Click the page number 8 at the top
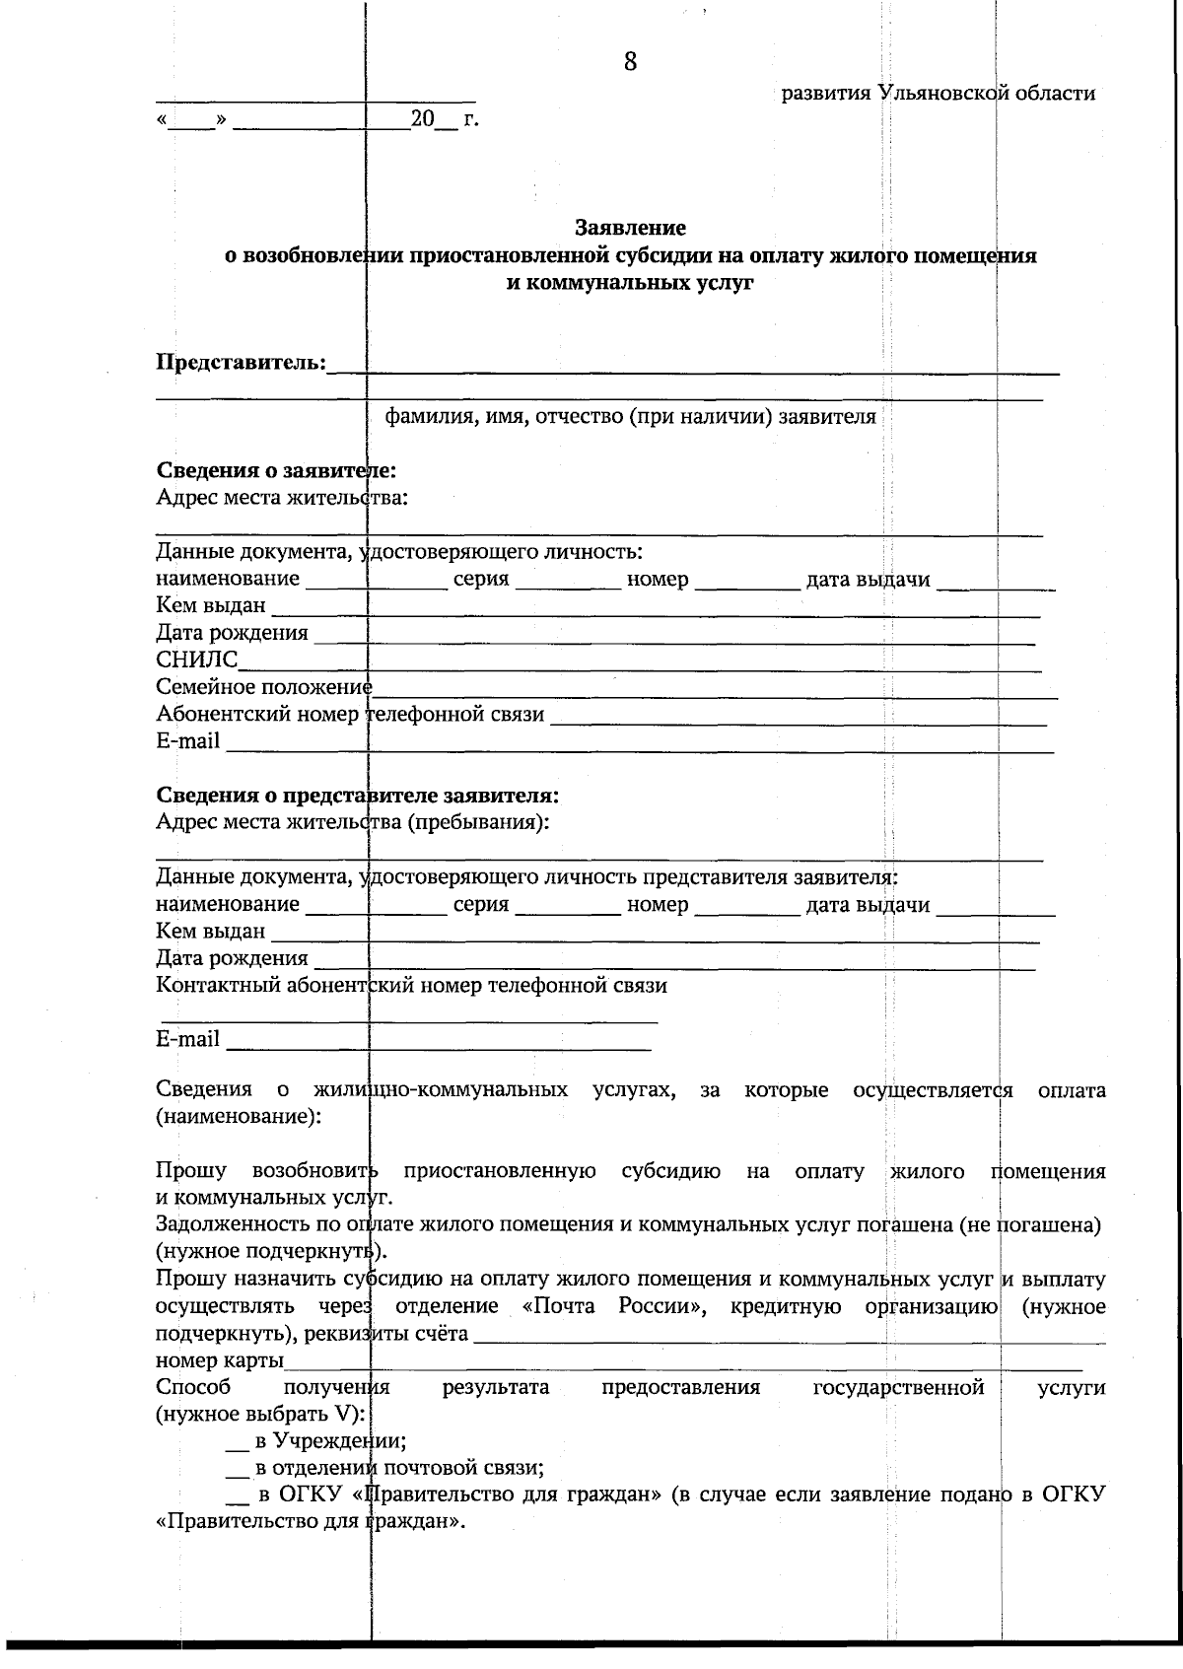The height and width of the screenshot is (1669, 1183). pos(630,61)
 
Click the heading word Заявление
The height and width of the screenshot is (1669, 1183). pos(630,229)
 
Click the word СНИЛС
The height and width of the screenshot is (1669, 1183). pos(196,660)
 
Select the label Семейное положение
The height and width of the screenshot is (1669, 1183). pos(263,686)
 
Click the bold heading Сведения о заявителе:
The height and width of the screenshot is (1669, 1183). pos(276,470)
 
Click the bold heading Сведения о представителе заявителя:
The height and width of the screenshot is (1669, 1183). pos(358,795)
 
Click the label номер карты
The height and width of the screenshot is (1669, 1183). pos(219,1361)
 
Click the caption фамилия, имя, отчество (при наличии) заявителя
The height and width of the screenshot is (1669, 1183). pos(630,416)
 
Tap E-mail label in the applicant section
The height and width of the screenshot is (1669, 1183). pos(187,740)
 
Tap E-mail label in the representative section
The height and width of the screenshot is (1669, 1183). pos(187,1039)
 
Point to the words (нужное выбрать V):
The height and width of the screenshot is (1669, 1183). pos(260,1415)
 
